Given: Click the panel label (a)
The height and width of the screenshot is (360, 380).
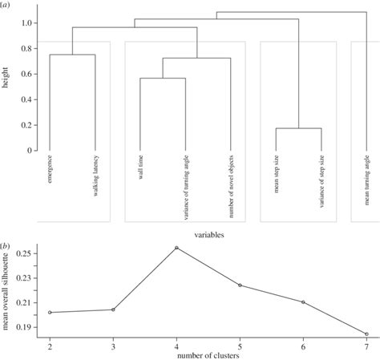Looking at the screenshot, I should [7, 7].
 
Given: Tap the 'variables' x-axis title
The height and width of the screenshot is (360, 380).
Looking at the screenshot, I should [208, 235].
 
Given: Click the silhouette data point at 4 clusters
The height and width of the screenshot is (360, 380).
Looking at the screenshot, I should [176, 248].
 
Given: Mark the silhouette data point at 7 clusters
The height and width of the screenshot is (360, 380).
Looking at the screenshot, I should [366, 334].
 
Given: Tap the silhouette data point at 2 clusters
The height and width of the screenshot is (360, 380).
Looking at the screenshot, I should [51, 312].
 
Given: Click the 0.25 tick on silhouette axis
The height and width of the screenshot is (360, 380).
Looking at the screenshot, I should [22, 253].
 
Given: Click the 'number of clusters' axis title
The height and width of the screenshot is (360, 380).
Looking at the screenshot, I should [208, 355].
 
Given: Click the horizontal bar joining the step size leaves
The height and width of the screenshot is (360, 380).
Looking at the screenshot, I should [299, 128].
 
